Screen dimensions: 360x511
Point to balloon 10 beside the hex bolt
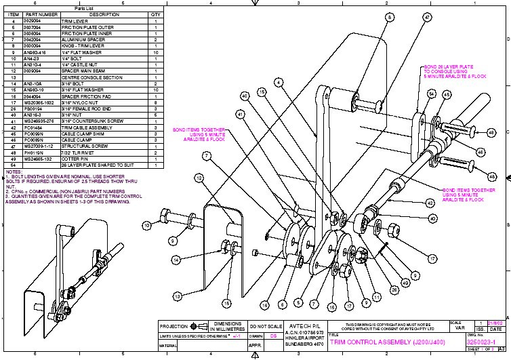point(146,224)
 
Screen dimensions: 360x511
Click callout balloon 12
point(199,178)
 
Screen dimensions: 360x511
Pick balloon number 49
point(405,282)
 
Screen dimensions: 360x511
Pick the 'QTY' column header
point(155,14)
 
